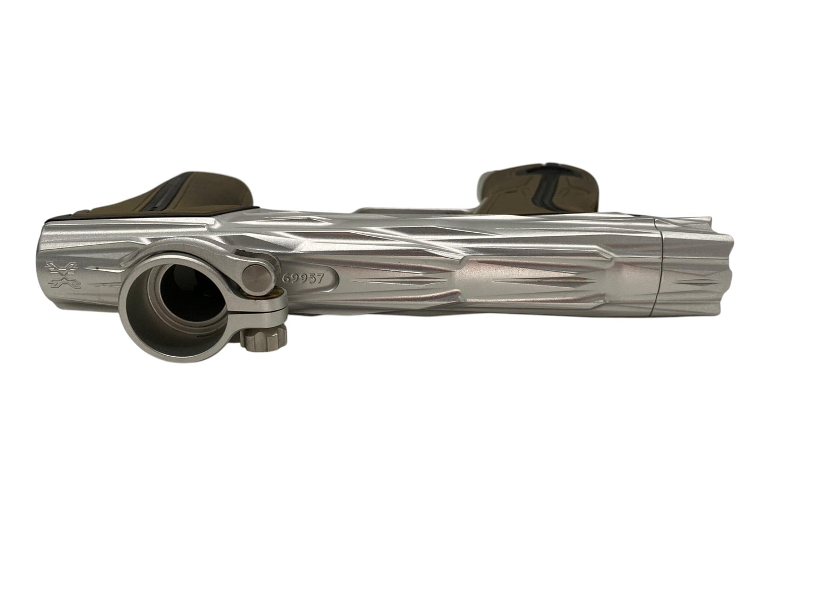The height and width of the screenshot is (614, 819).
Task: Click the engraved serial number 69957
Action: pos(303,278)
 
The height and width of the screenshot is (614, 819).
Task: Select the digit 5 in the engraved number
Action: pos(311,279)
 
